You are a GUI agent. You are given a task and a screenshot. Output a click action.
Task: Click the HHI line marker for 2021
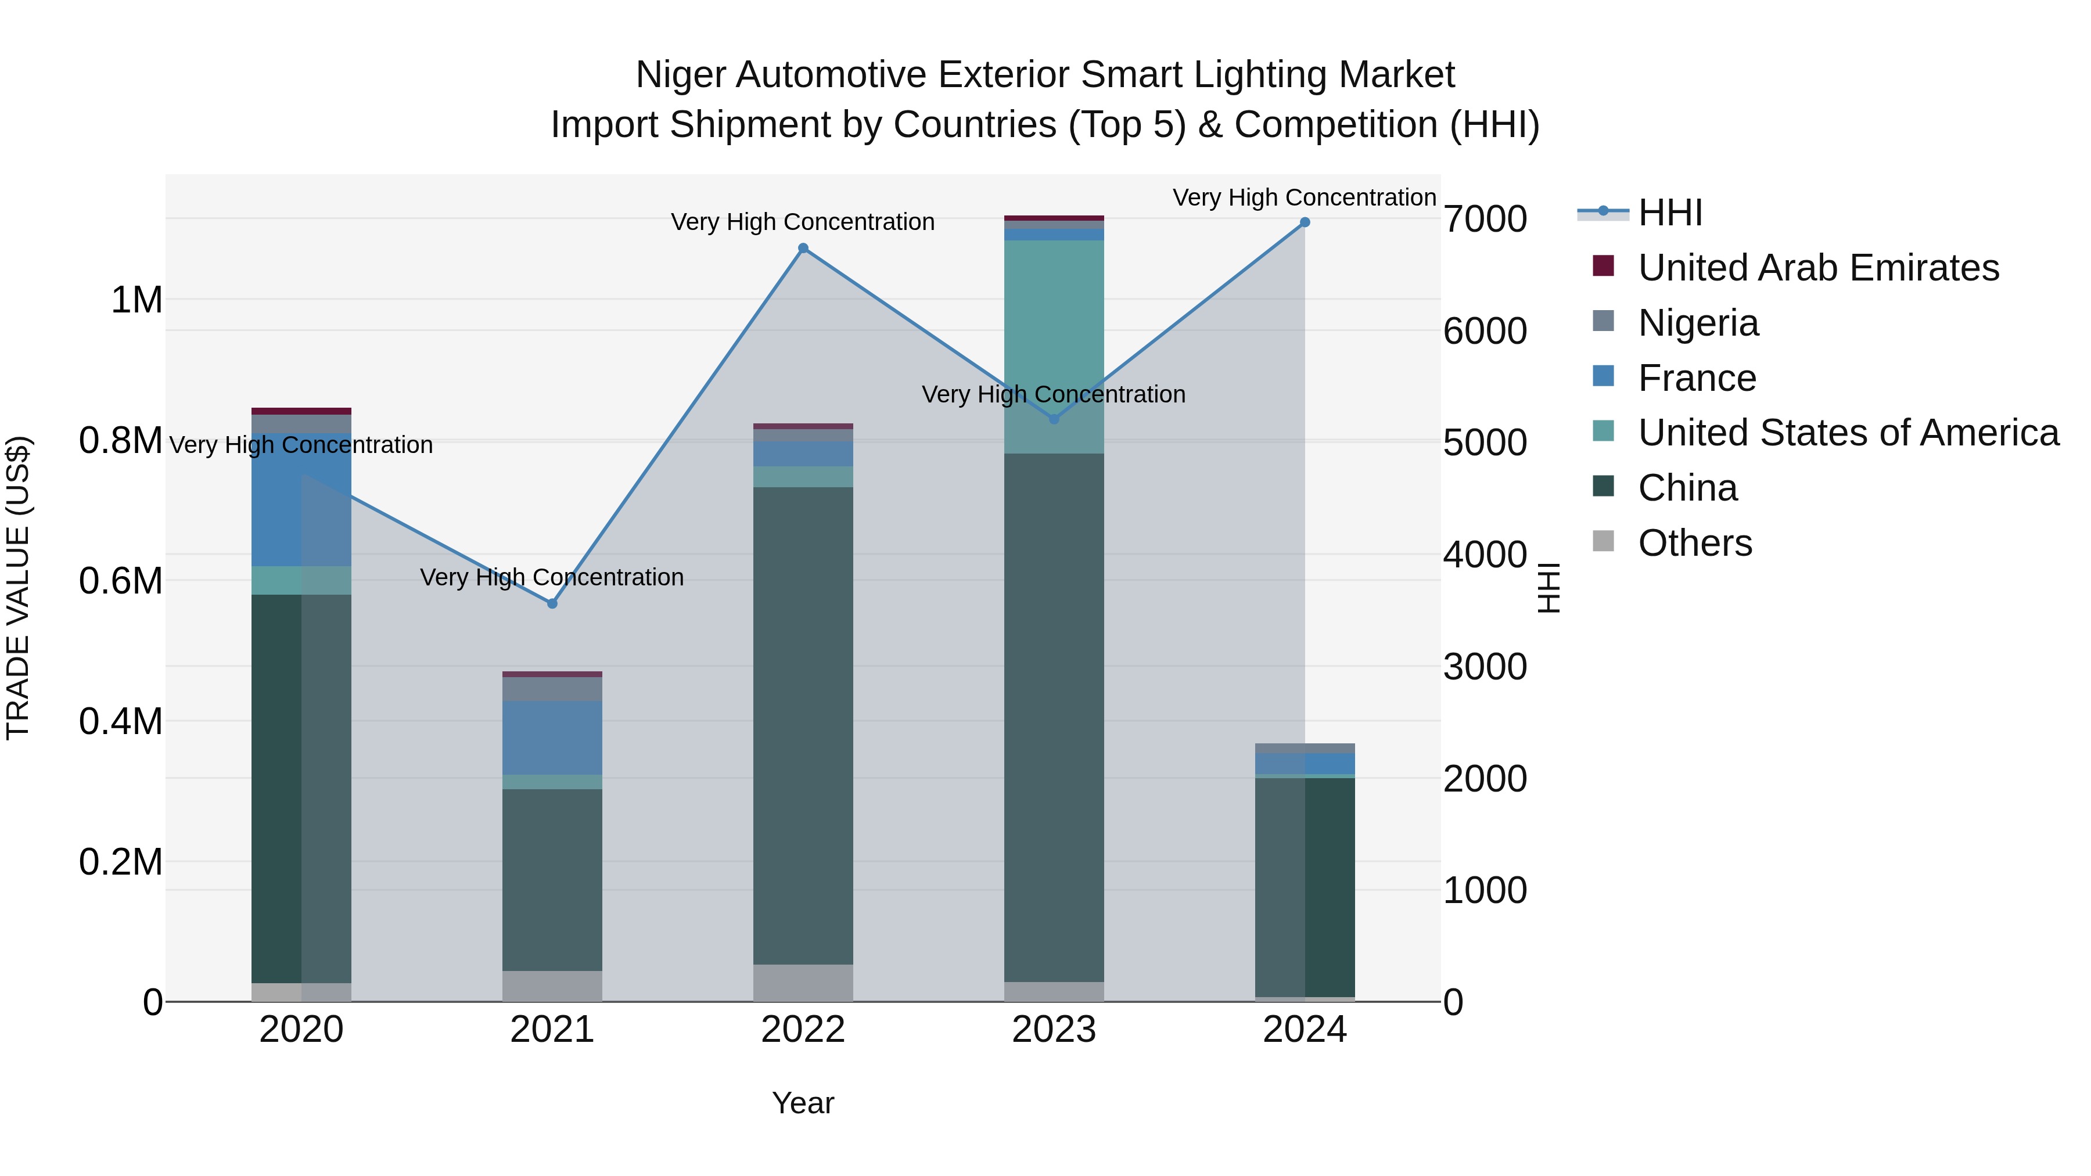click(x=552, y=603)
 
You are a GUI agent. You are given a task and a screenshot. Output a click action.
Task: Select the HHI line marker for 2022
click(x=803, y=249)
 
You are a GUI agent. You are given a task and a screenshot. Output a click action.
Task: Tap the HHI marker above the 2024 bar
click(x=1305, y=222)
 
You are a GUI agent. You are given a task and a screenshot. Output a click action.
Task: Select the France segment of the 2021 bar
click(x=552, y=737)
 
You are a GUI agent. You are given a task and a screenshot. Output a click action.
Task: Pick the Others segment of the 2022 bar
click(x=803, y=982)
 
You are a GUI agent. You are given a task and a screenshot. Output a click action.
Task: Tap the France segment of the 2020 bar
click(x=301, y=499)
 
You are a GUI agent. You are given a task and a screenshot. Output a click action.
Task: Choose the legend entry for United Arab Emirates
click(x=1817, y=268)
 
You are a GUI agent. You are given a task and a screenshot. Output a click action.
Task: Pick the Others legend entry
click(x=1694, y=543)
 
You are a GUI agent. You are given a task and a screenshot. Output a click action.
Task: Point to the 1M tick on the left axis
click(x=136, y=300)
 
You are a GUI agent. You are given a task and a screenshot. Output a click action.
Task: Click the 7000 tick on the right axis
click(x=1485, y=219)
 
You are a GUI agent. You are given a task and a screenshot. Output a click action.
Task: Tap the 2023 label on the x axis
click(x=1054, y=1030)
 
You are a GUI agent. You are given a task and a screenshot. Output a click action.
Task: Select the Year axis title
click(x=803, y=1103)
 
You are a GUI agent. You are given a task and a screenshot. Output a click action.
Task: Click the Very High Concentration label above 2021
click(x=552, y=577)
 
